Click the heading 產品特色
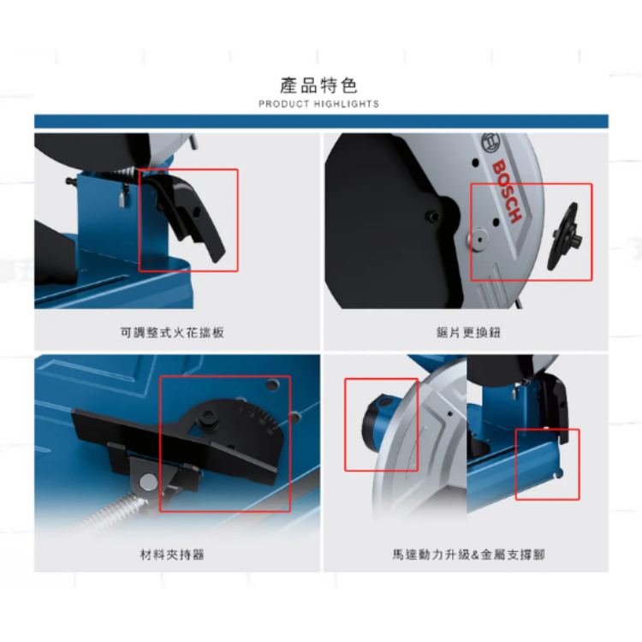click(318, 86)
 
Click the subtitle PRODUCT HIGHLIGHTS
click(318, 104)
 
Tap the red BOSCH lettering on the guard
click(507, 191)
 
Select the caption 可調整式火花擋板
click(172, 332)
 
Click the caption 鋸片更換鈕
click(468, 332)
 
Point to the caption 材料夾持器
click(172, 555)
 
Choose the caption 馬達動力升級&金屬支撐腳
click(468, 555)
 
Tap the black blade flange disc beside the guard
click(564, 236)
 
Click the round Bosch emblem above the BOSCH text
click(490, 143)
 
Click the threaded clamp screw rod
click(110, 511)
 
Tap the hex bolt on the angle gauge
click(208, 420)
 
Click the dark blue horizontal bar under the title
click(321, 122)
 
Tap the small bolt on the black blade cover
click(432, 216)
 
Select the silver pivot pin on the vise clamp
click(148, 481)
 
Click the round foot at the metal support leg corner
click(560, 474)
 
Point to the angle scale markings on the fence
click(257, 415)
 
